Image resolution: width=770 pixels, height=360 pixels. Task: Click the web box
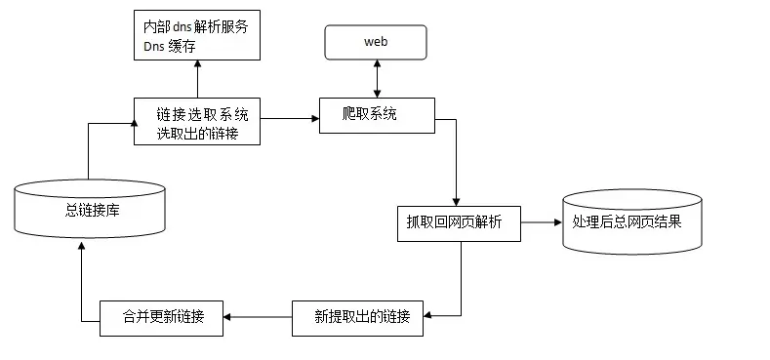click(376, 43)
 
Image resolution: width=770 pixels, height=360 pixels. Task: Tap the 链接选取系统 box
click(196, 121)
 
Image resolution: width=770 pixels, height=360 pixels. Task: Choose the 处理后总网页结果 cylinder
click(631, 221)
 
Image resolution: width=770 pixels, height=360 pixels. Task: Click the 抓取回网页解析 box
click(459, 221)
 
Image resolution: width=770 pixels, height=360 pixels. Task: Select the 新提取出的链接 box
click(362, 318)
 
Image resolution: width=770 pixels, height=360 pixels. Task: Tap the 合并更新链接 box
click(162, 318)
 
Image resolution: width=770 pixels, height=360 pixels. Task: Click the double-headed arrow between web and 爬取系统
click(376, 77)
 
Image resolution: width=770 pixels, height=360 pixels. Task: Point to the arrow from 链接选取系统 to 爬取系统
click(290, 119)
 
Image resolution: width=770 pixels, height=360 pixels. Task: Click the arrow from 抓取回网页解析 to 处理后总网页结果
click(541, 222)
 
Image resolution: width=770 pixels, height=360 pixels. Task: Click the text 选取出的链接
click(196, 133)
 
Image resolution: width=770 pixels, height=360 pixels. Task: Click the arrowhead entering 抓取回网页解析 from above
click(457, 200)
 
